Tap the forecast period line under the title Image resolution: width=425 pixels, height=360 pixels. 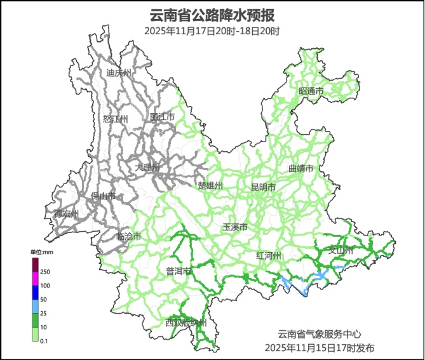[x=212, y=30]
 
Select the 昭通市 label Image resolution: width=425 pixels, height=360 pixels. [x=311, y=91]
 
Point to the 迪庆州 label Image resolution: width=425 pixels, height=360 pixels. [x=118, y=73]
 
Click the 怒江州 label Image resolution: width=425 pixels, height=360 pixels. [x=115, y=119]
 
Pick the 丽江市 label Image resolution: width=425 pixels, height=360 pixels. [x=162, y=117]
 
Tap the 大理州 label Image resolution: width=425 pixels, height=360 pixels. [x=148, y=168]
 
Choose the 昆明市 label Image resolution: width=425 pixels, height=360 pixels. [x=263, y=187]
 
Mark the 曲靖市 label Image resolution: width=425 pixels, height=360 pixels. [x=301, y=169]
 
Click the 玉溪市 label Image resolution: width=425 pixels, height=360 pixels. [x=235, y=227]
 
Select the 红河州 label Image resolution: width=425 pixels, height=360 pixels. [x=268, y=256]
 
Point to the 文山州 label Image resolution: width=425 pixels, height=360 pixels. [x=340, y=250]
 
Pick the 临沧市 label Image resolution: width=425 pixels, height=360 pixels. [x=129, y=237]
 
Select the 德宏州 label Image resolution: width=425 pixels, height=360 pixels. [x=66, y=213]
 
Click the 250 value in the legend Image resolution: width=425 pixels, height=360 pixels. [x=45, y=272]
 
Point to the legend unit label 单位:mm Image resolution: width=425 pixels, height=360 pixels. [x=40, y=252]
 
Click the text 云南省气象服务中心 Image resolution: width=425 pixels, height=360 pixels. [x=320, y=334]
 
